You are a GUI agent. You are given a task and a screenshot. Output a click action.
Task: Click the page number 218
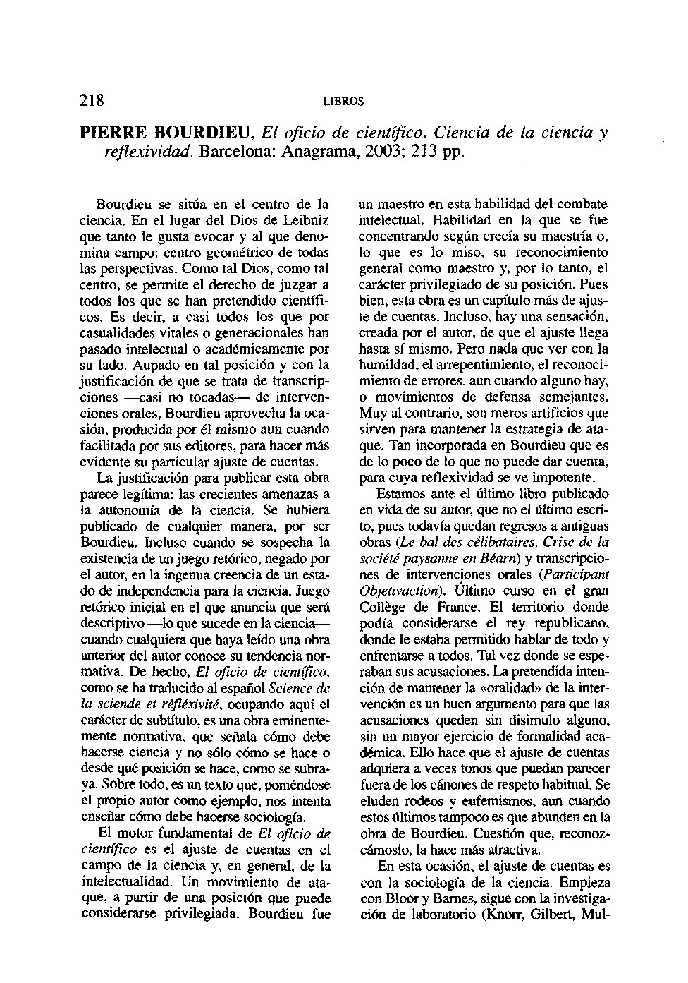pyautogui.click(x=92, y=99)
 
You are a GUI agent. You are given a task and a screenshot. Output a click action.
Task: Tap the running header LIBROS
pyautogui.click(x=343, y=102)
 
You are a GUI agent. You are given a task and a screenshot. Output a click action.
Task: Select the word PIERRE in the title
pyautogui.click(x=113, y=132)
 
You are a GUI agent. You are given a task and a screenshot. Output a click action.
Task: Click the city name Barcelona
pyautogui.click(x=234, y=152)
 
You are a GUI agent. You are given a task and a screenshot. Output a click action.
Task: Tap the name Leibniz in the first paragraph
pyautogui.click(x=308, y=220)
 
